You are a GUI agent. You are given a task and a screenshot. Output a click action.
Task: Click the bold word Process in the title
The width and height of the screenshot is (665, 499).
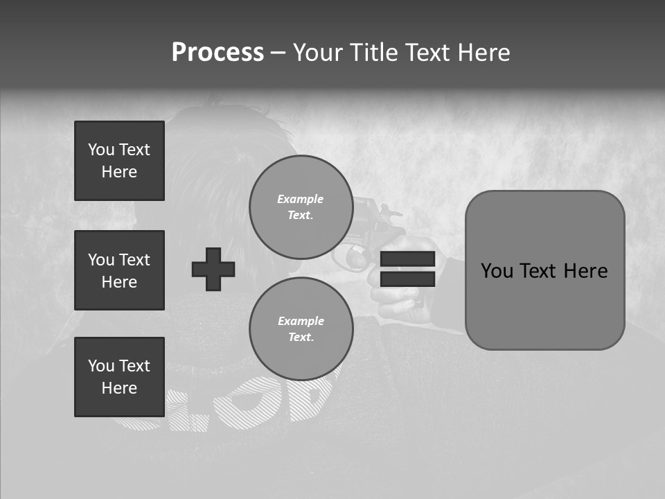218,53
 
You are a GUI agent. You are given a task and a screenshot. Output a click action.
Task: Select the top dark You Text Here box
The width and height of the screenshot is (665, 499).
119,161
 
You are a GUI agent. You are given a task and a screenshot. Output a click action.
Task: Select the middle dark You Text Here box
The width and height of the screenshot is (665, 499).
119,270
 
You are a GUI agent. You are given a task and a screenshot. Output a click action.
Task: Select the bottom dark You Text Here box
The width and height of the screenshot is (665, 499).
119,377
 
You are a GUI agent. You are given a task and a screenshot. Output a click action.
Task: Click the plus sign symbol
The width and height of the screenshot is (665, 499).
213,269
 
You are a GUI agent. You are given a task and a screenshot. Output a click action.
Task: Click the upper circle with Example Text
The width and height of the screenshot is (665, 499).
301,207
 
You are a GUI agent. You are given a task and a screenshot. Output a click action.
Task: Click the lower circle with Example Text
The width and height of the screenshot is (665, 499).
301,329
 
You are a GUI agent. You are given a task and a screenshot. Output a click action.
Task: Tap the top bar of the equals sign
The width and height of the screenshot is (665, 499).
407,259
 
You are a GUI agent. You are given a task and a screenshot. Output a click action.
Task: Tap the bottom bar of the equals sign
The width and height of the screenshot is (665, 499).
407,279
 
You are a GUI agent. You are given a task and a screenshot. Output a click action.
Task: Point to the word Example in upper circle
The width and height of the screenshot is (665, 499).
301,199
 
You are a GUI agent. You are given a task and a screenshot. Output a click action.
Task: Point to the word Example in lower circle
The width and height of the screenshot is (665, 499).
301,321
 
